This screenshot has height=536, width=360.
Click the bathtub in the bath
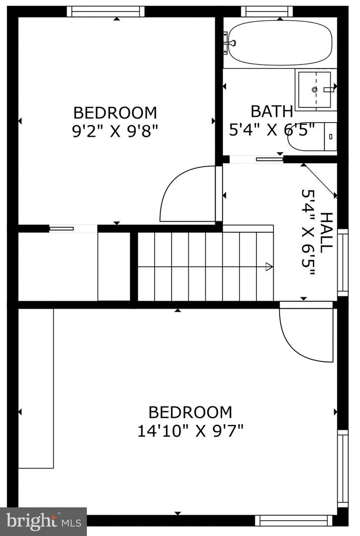280,43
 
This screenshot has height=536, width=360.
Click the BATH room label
271,111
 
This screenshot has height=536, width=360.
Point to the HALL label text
327,232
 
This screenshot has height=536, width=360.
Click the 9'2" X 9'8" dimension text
115,131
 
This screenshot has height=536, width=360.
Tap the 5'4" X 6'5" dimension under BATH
272,130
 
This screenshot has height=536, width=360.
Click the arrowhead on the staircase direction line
269,267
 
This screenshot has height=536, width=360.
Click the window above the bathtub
267,11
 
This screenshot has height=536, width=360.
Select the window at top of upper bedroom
106,11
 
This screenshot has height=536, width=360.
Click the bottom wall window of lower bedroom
294,520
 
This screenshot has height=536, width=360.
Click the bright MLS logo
43,521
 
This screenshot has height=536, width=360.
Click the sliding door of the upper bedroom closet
61,228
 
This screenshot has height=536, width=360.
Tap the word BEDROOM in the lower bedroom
190,412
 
